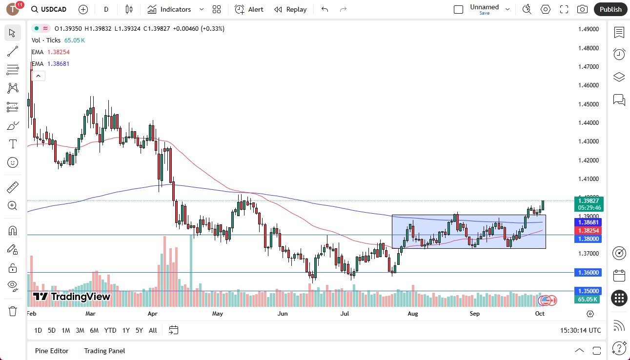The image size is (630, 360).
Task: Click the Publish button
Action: coord(610,9)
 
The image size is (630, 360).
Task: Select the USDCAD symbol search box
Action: coord(49,9)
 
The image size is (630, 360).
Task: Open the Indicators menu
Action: coord(176,9)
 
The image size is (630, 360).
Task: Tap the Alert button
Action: coord(249,9)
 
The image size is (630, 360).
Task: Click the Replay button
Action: coord(290,9)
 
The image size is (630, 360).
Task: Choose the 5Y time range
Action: coord(139,330)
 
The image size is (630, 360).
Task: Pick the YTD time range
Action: coord(110,330)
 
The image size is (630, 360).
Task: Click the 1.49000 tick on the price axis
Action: coord(588,29)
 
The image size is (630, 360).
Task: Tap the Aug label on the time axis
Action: coord(413,314)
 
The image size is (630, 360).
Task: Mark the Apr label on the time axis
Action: coord(152,314)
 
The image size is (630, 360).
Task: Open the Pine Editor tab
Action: coord(52,351)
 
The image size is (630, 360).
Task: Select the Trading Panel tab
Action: coord(104,351)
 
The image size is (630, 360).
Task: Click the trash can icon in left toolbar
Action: coord(13,311)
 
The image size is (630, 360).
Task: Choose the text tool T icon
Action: coord(13,144)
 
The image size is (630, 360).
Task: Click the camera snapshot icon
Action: coord(582,9)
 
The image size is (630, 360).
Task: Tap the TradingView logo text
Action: coord(72,297)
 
